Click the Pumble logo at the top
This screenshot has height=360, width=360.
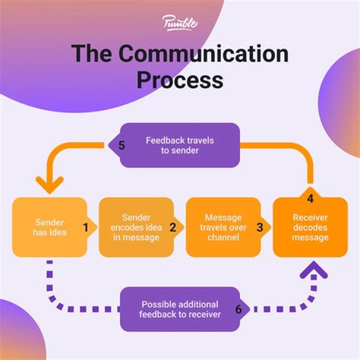[x=179, y=23]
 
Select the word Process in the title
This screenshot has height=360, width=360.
[x=179, y=79]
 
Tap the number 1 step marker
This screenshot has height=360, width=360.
[x=85, y=227]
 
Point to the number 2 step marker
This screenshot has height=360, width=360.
[x=173, y=227]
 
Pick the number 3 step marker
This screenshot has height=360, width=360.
[x=259, y=227]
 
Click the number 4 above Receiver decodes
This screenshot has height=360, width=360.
[x=310, y=198]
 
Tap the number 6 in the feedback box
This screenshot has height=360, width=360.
[x=238, y=309]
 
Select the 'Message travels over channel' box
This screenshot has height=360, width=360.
[x=222, y=227]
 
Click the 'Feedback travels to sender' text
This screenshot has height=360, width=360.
[x=179, y=145]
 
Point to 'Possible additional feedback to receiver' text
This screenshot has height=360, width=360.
[x=179, y=309]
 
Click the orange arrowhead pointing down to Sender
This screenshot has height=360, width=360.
[x=49, y=184]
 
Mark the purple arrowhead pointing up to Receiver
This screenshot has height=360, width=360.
[x=314, y=271]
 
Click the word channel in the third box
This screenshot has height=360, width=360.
[x=223, y=237]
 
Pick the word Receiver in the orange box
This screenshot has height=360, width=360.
[x=310, y=217]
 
